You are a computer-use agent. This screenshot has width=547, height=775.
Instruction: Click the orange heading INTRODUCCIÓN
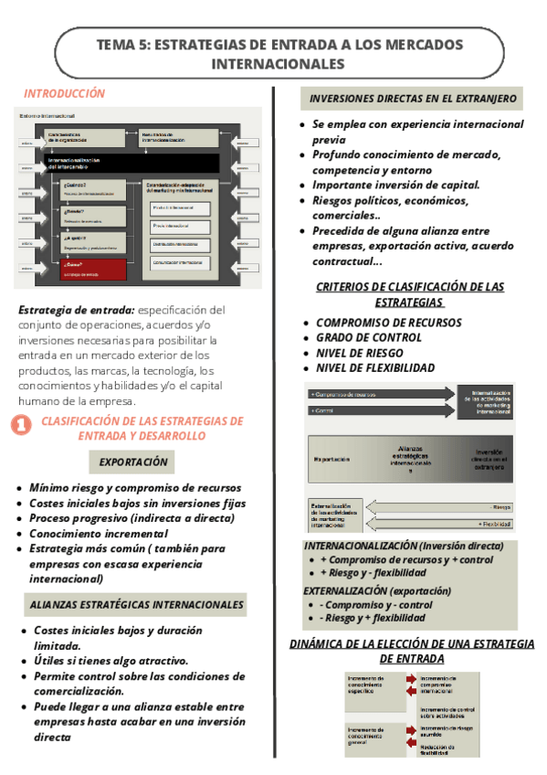[x=65, y=93]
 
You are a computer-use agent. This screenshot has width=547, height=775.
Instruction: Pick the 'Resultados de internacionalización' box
[x=178, y=137]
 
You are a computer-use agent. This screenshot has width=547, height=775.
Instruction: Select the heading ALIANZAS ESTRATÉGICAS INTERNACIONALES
[x=137, y=604]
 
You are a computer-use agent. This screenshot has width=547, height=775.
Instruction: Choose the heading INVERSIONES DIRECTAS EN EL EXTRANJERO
[x=413, y=99]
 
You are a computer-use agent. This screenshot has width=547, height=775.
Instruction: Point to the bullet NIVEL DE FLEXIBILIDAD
[x=375, y=368]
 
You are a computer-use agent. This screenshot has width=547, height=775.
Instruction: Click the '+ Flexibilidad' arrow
[x=439, y=524]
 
